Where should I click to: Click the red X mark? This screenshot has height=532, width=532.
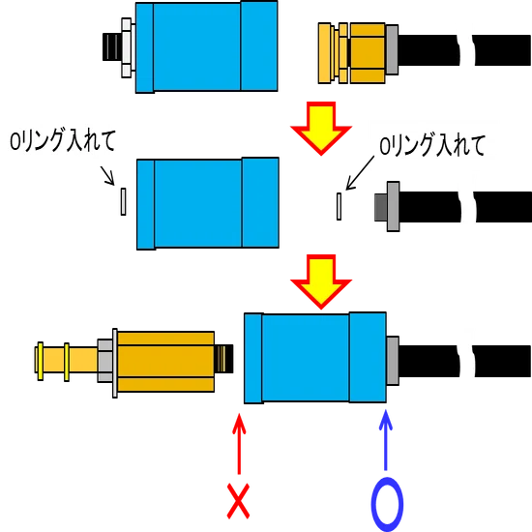point(238,501)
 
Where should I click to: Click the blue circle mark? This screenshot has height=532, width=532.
point(387,504)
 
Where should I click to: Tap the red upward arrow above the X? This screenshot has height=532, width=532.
point(239,443)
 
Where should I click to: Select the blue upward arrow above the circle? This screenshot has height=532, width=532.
point(385,440)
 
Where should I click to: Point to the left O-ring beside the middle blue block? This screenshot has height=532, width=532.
point(124,201)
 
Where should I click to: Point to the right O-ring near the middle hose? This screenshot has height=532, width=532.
point(339,206)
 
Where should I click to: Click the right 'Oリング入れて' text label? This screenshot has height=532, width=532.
point(432,145)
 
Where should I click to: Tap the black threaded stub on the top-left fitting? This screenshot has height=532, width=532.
point(112,46)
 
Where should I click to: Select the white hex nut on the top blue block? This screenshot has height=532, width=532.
point(128,47)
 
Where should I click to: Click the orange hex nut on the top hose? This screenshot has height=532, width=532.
point(368,53)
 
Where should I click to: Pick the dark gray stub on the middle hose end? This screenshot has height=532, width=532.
point(381,207)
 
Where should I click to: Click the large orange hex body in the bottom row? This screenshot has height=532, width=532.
point(165,362)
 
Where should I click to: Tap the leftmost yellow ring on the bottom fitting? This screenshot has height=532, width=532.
point(41,361)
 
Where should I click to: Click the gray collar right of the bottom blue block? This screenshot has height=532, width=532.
point(393,361)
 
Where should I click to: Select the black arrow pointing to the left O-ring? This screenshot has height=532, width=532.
point(107,176)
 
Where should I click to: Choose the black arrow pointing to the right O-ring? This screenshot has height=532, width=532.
point(360,173)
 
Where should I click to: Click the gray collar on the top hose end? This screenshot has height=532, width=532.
point(392,49)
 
